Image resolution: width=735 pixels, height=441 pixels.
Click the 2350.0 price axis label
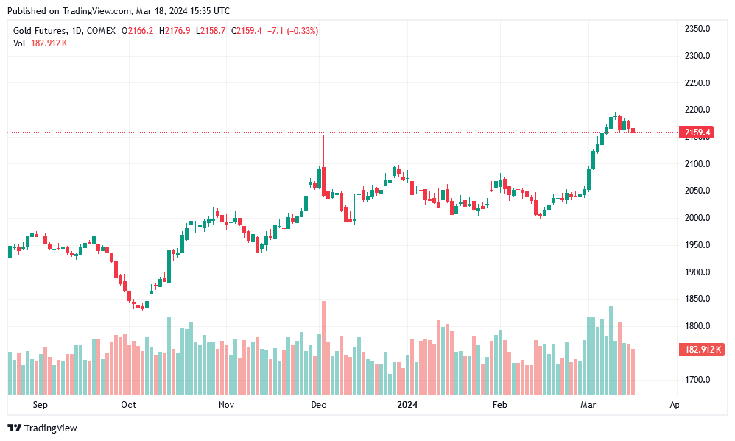click(x=697, y=29)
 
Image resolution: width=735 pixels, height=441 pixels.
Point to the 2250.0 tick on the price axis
click(x=697, y=83)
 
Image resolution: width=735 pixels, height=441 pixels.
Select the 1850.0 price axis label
click(x=697, y=299)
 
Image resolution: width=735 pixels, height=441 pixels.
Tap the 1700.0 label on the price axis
click(x=697, y=381)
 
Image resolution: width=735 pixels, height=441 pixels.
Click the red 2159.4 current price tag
click(x=697, y=133)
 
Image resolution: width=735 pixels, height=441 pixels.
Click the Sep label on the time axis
click(x=40, y=404)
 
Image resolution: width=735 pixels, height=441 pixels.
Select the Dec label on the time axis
click(x=318, y=404)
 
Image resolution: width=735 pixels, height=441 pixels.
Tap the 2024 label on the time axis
click(x=407, y=404)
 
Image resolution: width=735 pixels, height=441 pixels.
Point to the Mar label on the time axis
click(x=588, y=404)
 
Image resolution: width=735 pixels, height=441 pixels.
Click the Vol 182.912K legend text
click(x=41, y=43)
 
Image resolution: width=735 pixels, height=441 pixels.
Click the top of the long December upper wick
click(x=323, y=136)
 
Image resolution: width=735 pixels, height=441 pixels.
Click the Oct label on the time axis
click(x=129, y=404)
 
